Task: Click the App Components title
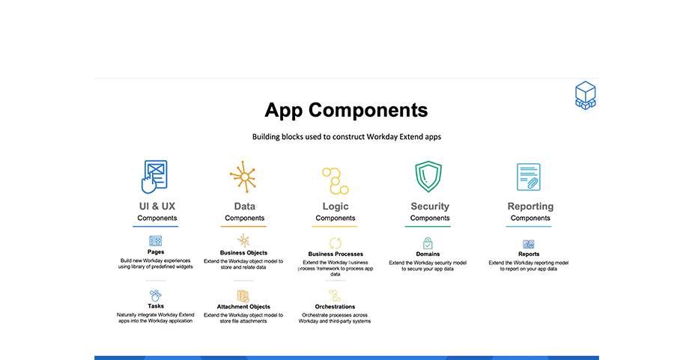[346, 110]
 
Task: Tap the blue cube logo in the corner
[585, 95]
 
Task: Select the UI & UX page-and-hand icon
[154, 177]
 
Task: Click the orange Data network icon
[243, 177]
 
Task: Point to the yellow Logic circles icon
[335, 180]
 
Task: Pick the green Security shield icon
[428, 176]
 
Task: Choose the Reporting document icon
[528, 177]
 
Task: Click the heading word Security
[430, 207]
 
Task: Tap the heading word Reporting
[530, 207]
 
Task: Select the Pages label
[156, 252]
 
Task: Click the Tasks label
[156, 306]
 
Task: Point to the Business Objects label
[244, 253]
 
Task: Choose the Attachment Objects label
[243, 306]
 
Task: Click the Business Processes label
[336, 254]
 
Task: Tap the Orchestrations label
[335, 306]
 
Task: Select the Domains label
[428, 254]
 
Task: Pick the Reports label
[529, 254]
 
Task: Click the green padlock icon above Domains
[428, 243]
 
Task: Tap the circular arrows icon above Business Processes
[335, 243]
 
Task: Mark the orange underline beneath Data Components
[243, 227]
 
